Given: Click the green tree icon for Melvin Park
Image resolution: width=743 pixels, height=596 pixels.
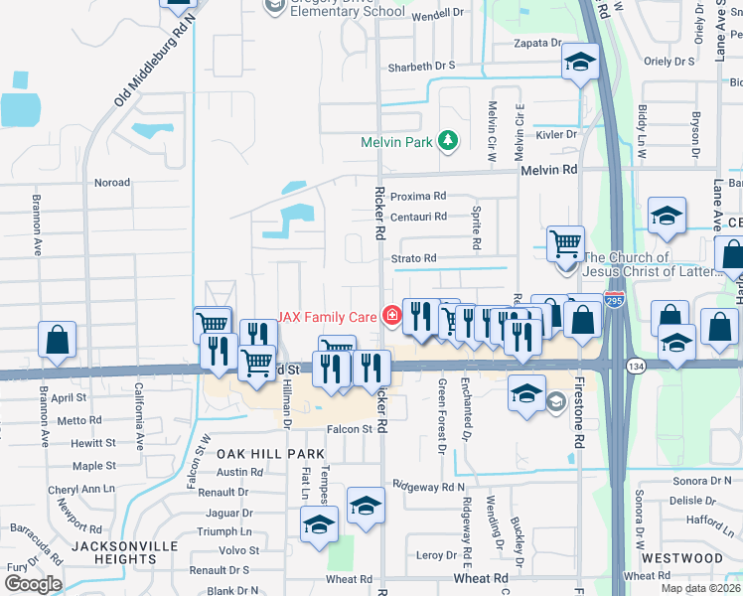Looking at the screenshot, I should point(448,141).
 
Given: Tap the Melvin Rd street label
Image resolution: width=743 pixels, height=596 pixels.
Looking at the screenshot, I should point(549,171).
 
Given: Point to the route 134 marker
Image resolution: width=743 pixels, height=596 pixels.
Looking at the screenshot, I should point(633,367).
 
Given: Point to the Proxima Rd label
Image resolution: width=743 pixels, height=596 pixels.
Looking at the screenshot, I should point(418,196).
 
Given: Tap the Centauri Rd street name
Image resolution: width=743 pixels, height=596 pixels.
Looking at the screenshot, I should point(418,216).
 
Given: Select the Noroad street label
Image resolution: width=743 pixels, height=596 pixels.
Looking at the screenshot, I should point(111,183).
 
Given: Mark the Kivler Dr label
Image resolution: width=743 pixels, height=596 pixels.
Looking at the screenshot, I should point(556,134).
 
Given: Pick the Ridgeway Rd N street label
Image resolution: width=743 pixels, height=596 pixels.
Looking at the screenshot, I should point(429,487).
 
